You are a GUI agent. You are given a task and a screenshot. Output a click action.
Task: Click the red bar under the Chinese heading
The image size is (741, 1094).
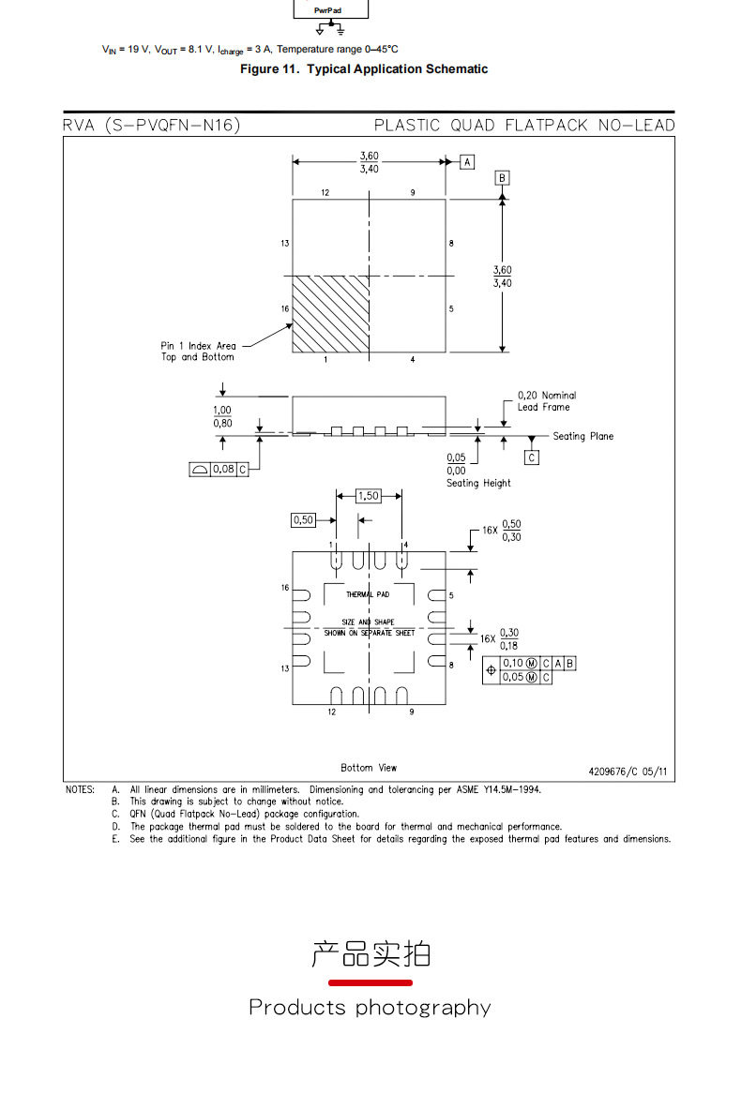pyautogui.click(x=370, y=982)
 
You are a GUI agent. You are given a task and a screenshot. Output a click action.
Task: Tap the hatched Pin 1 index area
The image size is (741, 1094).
pyautogui.click(x=330, y=314)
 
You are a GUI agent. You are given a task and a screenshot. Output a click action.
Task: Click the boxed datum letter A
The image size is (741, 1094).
pyautogui.click(x=467, y=162)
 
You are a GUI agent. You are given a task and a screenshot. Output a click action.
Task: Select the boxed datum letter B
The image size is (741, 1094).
pyautogui.click(x=502, y=178)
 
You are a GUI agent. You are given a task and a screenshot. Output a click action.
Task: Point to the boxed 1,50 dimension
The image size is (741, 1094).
pyautogui.click(x=368, y=496)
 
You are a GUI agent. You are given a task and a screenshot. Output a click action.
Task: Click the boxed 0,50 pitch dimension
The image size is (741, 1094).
pyautogui.click(x=303, y=519)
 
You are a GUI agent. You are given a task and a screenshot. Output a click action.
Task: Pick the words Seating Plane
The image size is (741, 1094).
pyautogui.click(x=583, y=436)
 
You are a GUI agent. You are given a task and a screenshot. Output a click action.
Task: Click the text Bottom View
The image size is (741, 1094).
pyautogui.click(x=369, y=768)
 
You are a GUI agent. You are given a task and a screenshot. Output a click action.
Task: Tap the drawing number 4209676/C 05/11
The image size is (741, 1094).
pyautogui.click(x=628, y=772)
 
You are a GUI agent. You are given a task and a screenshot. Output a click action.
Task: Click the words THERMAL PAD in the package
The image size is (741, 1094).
pyautogui.click(x=368, y=594)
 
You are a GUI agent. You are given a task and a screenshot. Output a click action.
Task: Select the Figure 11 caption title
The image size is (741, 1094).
pyautogui.click(x=364, y=69)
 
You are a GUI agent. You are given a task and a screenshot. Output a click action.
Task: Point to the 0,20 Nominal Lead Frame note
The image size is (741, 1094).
pyautogui.click(x=547, y=401)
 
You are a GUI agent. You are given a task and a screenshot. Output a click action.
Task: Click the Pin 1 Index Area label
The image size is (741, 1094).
pyautogui.click(x=198, y=351)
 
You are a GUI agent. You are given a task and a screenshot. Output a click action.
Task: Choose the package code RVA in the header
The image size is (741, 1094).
pyautogui.click(x=78, y=125)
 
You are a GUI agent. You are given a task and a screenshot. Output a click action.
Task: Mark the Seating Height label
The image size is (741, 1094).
pyautogui.click(x=479, y=483)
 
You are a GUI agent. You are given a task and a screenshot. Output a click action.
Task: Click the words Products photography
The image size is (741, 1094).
pyautogui.click(x=370, y=1008)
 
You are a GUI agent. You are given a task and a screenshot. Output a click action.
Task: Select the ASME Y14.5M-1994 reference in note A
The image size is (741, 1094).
pyautogui.click(x=499, y=790)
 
